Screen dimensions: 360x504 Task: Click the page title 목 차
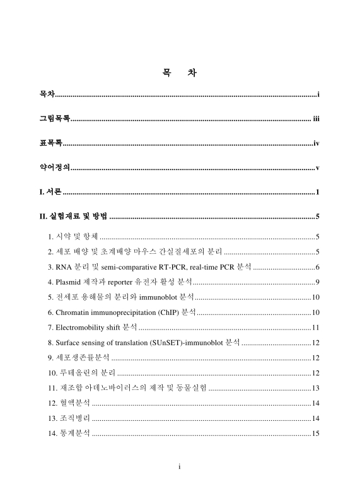[180, 74]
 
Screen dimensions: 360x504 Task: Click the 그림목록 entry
[54, 118]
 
